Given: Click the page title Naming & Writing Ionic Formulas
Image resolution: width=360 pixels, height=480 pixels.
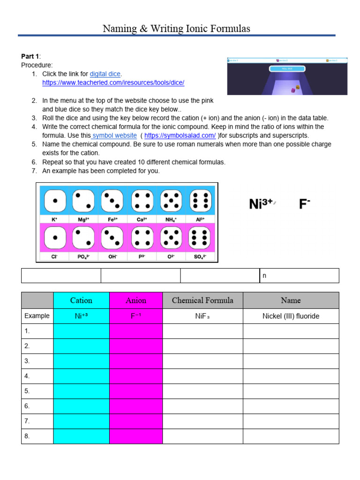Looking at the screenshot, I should [x=176, y=29].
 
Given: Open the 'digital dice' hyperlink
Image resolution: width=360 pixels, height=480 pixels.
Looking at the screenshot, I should [x=105, y=74].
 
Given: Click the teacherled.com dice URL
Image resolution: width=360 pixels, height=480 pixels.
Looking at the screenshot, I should [x=113, y=82].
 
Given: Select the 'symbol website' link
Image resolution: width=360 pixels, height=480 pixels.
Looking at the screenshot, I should [x=115, y=135].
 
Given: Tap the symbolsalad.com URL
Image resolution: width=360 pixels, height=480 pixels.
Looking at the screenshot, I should [x=180, y=135].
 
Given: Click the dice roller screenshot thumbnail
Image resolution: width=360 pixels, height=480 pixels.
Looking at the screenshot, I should [x=287, y=76].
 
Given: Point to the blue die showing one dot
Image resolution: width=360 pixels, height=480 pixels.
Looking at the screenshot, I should [x=55, y=201].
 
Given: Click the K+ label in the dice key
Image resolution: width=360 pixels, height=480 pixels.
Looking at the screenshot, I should [x=55, y=219].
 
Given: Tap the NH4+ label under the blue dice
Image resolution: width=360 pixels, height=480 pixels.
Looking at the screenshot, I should [x=171, y=219].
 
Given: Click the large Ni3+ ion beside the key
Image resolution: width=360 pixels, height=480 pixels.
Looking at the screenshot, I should [x=261, y=204].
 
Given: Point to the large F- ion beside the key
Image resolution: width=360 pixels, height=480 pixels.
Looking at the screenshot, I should [x=305, y=204].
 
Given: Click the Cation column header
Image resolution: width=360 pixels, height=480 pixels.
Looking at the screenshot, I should [x=81, y=300].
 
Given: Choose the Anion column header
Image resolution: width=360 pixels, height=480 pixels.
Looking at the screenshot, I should [x=136, y=300].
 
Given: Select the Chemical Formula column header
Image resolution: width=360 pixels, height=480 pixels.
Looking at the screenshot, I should [x=202, y=300].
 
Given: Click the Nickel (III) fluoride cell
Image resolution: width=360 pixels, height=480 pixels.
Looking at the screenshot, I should [x=291, y=316].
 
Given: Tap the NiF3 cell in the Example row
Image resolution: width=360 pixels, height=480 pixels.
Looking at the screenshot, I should [x=202, y=316].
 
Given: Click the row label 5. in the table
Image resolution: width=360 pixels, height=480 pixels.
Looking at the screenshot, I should [x=27, y=391].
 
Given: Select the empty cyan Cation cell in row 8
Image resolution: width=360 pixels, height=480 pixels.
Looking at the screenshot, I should [x=81, y=436].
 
